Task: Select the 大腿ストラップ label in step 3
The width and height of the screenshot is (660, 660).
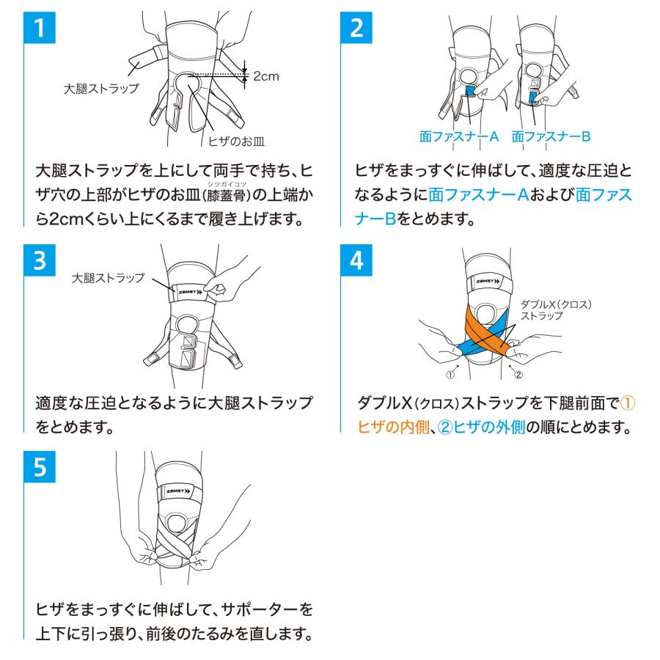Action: pyautogui.click(x=107, y=279)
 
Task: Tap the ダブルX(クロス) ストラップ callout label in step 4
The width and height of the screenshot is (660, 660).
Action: pyautogui.click(x=555, y=309)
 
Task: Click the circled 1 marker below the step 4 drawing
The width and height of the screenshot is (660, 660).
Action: pyautogui.click(x=450, y=374)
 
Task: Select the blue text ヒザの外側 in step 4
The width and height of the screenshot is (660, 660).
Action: pyautogui.click(x=490, y=427)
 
